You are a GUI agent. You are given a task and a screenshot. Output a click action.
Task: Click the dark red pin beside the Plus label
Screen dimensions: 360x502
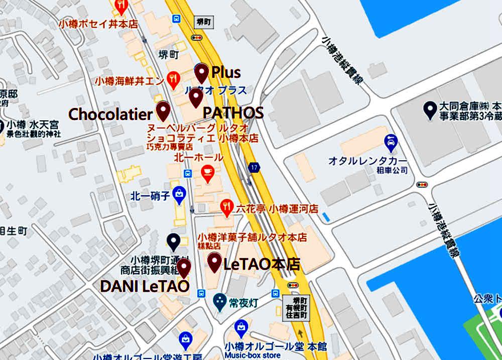[202, 73]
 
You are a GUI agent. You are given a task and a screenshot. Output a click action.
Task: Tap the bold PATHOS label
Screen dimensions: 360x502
[233, 113]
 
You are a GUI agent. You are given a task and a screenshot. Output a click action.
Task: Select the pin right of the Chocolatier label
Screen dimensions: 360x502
[163, 110]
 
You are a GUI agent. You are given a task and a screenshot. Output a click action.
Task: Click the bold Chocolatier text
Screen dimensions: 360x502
[110, 114]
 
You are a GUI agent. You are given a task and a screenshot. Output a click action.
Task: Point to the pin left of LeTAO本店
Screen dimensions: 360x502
[215, 262]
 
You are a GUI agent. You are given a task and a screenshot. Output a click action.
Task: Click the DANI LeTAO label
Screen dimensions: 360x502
[145, 286]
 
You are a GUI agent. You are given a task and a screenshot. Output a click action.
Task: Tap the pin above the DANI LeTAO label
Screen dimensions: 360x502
[184, 267]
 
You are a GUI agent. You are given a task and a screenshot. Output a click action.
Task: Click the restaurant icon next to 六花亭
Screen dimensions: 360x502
[227, 207]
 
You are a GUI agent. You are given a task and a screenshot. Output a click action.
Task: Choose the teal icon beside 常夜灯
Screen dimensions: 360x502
[219, 302]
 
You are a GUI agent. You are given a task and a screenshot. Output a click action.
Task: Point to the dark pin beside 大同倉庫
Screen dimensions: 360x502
[429, 109]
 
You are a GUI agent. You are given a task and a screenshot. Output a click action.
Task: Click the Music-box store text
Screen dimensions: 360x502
[253, 355]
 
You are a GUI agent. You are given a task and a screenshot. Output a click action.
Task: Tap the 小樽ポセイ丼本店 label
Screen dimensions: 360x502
[98, 24]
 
